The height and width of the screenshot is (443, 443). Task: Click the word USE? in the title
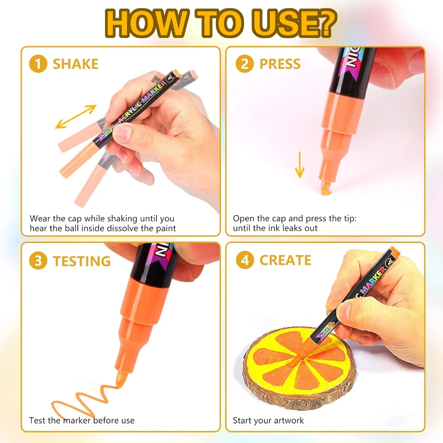[294, 23]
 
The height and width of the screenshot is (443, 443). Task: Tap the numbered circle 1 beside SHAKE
[38, 63]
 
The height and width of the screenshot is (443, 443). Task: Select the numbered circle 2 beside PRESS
[245, 63]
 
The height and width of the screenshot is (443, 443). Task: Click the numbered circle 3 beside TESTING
[38, 260]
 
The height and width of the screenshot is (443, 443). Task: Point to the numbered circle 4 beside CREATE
[245, 260]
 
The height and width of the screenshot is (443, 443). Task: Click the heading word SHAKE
[75, 64]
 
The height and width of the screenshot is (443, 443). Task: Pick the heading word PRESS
[280, 64]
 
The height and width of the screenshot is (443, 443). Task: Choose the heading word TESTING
[82, 261]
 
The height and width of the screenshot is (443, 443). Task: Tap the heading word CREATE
[285, 260]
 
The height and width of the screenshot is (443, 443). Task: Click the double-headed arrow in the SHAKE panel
[76, 117]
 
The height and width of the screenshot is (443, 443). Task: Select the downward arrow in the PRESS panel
[300, 165]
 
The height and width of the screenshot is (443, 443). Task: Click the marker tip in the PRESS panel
[326, 188]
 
